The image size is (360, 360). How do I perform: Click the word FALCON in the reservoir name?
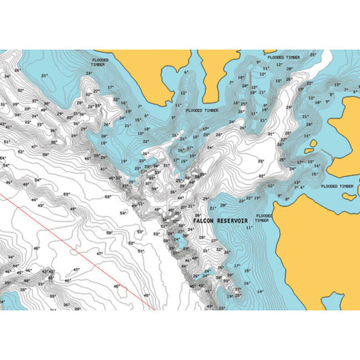coord(204,221)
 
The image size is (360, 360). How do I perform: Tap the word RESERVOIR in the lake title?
coord(234,221)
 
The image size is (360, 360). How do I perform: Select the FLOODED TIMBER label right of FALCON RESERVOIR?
coord(264,218)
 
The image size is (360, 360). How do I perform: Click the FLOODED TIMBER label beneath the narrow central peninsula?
coord(202,110)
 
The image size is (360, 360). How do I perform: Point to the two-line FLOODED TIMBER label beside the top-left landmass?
coord(99,62)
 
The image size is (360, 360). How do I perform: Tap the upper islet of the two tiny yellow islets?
coord(313,144)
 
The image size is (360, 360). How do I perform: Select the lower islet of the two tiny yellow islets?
coord(310,151)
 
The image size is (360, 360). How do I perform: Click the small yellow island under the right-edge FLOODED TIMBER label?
coord(349,196)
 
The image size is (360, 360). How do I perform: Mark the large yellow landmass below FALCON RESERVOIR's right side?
coord(315,252)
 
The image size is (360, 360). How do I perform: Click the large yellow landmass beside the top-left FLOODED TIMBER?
coord(144,67)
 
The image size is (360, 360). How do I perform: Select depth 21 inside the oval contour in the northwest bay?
coord(44,76)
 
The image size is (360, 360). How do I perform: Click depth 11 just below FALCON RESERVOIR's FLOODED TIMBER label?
coord(248,228)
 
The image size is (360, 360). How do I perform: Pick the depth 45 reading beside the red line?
coord(117,286)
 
